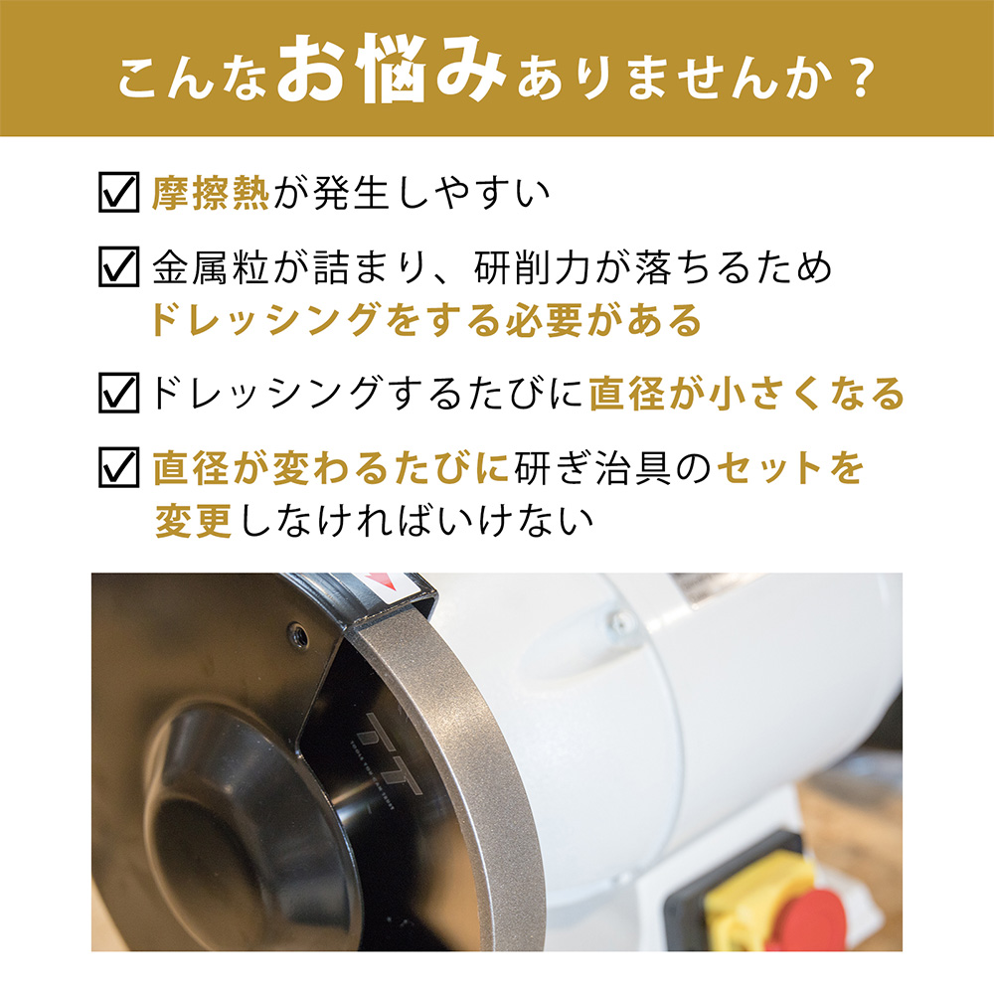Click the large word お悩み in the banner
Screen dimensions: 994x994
391,69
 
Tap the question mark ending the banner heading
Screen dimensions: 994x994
862,78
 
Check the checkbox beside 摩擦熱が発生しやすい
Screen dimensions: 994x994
118,192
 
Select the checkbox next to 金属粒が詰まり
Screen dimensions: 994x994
118,266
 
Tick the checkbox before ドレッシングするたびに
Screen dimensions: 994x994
118,393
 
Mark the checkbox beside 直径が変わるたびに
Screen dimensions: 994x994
118,467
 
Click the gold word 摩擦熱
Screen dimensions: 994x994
211,192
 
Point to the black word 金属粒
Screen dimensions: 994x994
211,266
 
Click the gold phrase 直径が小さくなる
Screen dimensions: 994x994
746,393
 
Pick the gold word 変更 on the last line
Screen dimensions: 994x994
193,521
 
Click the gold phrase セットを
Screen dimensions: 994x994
790,468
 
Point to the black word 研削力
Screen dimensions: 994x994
533,266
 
